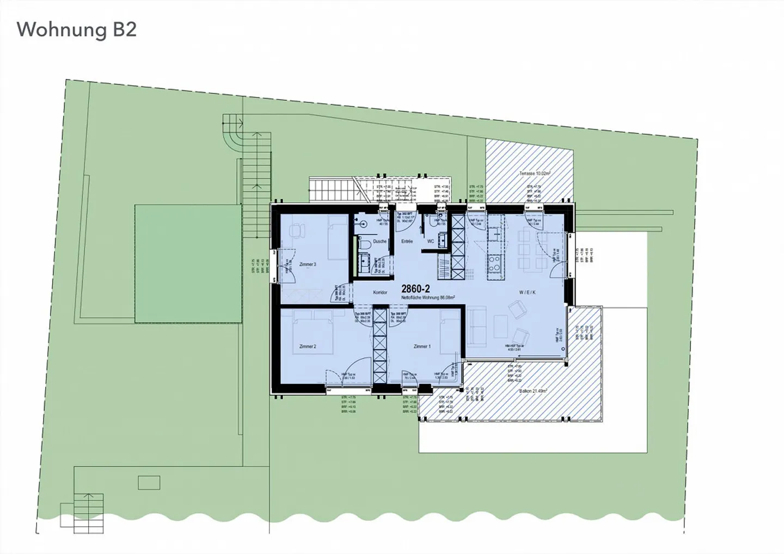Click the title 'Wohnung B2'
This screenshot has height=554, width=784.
77,30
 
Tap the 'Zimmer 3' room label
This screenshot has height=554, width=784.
307,264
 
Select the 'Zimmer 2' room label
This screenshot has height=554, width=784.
308,346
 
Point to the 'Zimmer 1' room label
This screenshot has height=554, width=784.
422,346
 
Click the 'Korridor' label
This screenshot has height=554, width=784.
379,293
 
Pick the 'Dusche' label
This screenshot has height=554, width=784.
379,241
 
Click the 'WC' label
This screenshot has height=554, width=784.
430,241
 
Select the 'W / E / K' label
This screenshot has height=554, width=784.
527,292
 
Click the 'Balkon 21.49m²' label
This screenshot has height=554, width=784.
532,391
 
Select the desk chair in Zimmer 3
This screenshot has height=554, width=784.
297,231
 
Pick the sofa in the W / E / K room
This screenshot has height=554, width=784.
476,325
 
